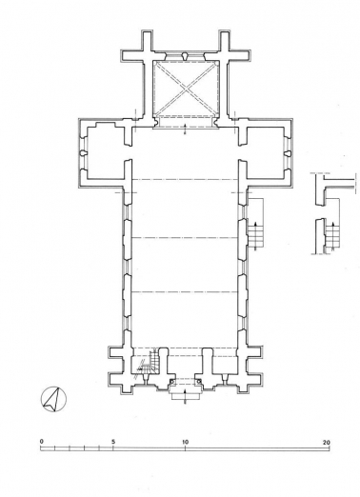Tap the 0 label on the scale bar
tap(42, 442)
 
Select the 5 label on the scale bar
tap(113, 442)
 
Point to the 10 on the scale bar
tap(185, 442)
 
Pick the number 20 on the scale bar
tap(326, 442)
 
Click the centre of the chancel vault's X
tap(185, 87)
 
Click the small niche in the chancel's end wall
tap(185, 54)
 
